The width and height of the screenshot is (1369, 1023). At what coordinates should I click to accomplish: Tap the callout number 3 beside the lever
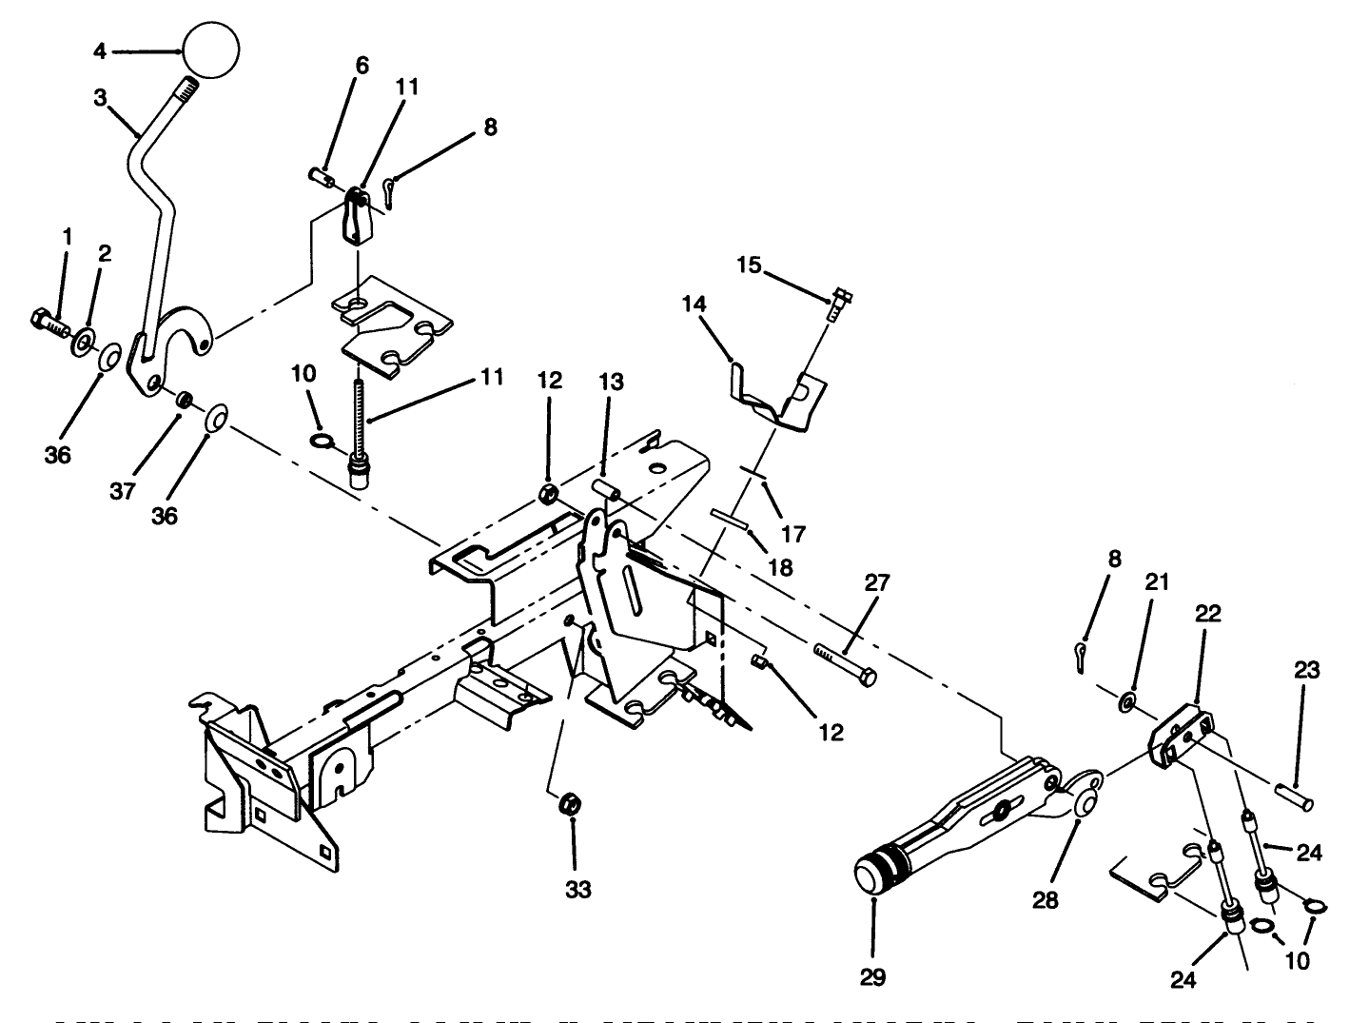click(102, 98)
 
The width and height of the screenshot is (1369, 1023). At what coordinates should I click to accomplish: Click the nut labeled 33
click(570, 804)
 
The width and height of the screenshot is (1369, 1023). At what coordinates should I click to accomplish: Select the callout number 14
click(694, 305)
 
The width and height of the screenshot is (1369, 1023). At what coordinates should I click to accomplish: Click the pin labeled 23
click(1293, 797)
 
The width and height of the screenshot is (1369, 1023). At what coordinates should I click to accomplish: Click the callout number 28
click(1045, 899)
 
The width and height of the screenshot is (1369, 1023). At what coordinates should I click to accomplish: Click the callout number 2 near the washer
click(104, 253)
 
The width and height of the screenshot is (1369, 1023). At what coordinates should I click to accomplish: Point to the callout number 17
click(792, 534)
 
